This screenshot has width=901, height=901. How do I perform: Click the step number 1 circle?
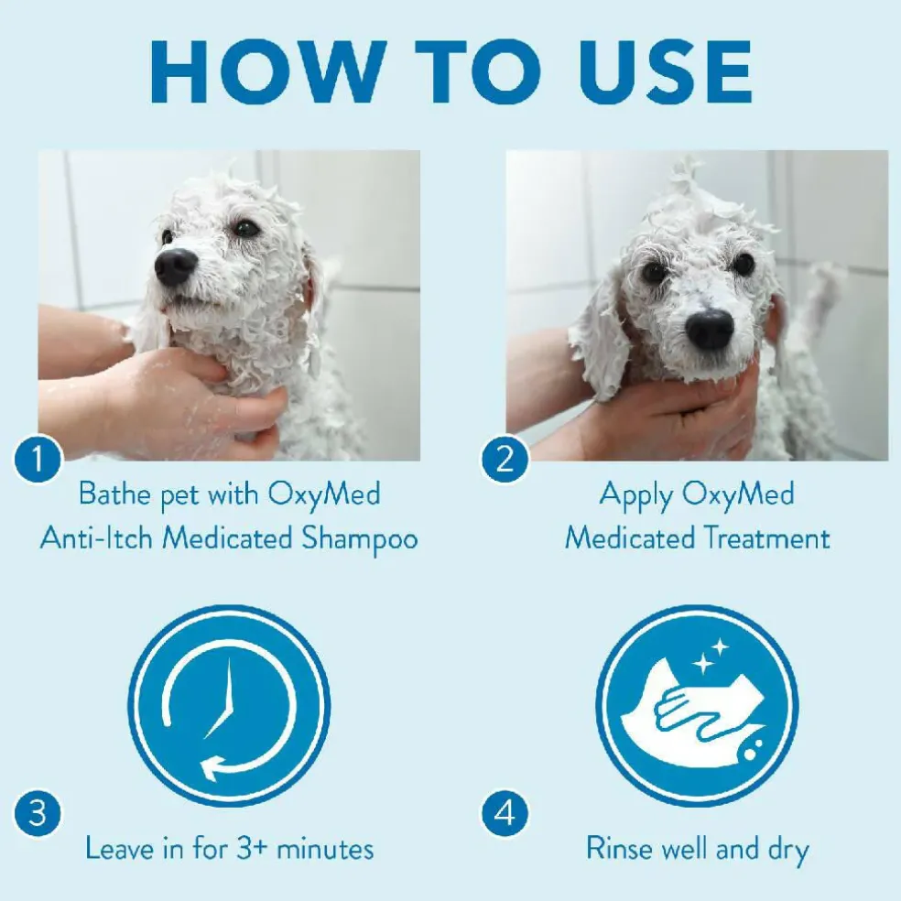[x=38, y=459]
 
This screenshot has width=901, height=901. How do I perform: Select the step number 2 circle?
[x=505, y=459]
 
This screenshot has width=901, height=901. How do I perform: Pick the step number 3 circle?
[x=38, y=814]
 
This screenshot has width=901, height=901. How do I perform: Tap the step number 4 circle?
[x=505, y=814]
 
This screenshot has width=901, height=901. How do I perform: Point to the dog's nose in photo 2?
[x=711, y=329]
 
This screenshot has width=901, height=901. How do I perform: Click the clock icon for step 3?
[x=229, y=706]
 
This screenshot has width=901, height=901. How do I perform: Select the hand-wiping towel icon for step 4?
[x=697, y=706]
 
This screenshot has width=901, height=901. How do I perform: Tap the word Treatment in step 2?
[x=766, y=538]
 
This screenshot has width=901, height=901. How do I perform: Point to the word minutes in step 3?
[x=325, y=849]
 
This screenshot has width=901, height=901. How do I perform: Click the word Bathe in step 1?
[x=115, y=494]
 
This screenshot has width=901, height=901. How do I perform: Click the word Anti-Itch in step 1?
[x=96, y=538]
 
